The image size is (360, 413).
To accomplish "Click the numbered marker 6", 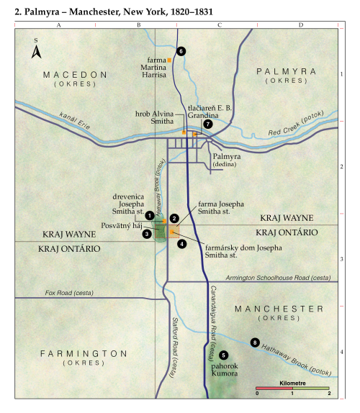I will click(181, 51).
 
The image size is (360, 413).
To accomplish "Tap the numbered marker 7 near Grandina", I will click(207, 124).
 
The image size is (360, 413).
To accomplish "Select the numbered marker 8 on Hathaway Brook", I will click(253, 342).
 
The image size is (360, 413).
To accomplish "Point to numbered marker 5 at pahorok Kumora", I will click(224, 355).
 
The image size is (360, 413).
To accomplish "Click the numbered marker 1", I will click(149, 215).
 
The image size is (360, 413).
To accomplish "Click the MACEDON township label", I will click(74, 75).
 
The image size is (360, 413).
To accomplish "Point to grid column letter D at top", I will click(300, 25).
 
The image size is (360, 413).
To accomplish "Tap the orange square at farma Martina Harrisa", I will click(169, 60).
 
